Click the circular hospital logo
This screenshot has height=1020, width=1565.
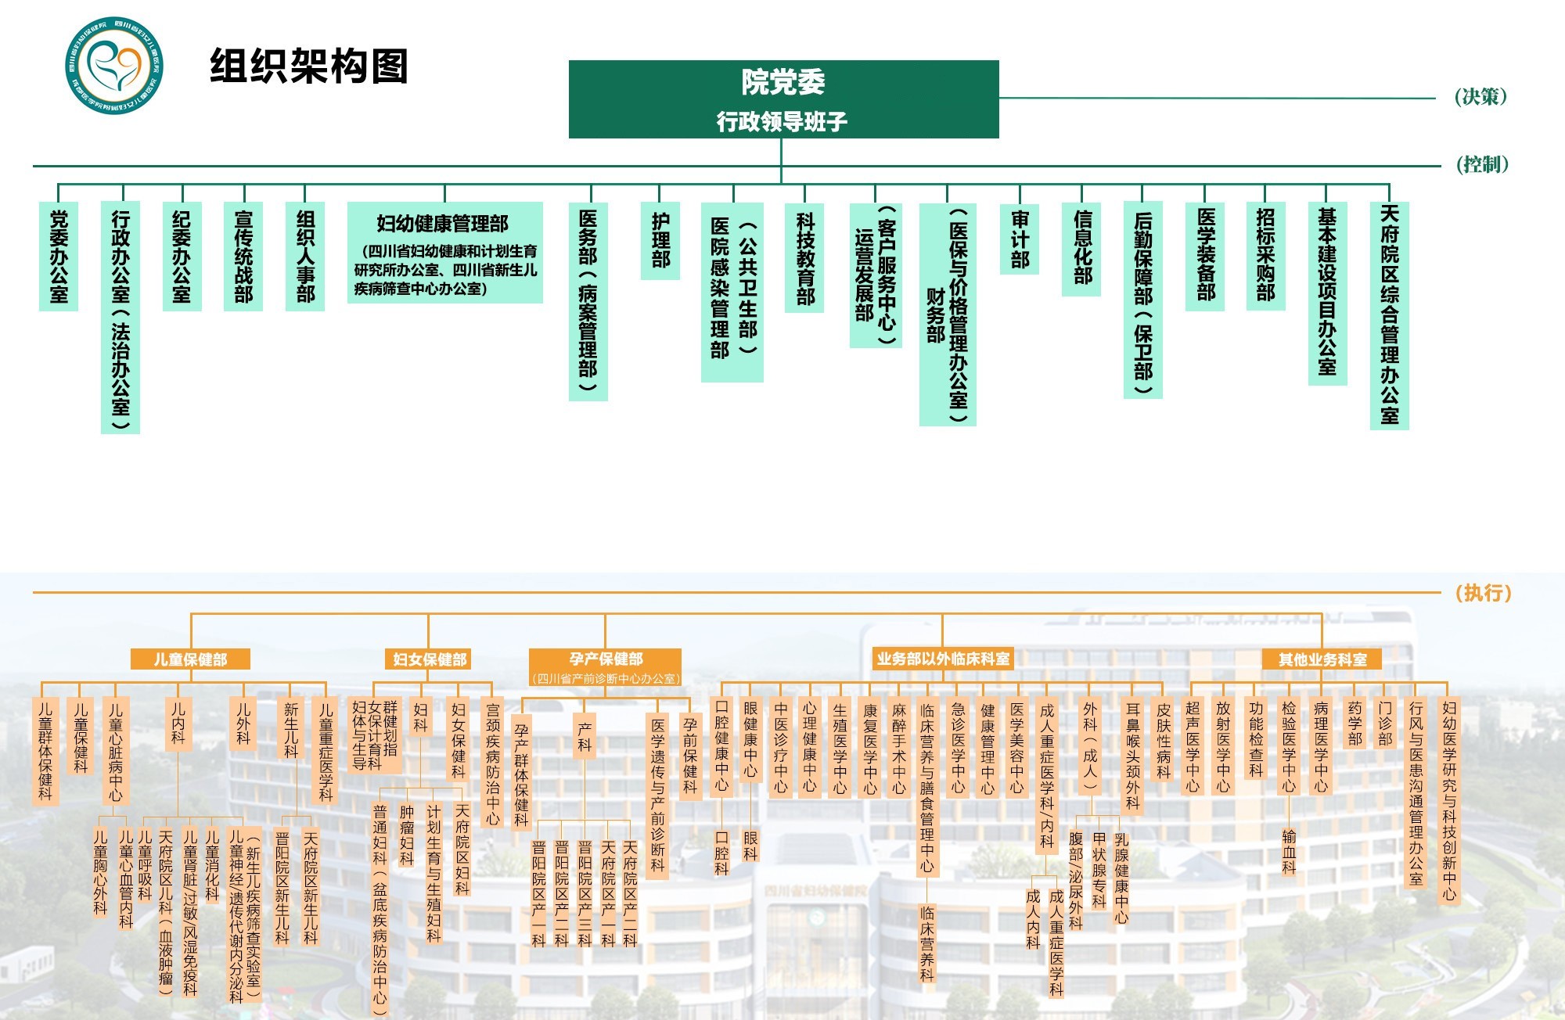pyautogui.click(x=114, y=66)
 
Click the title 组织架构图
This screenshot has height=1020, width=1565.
pyautogui.click(x=309, y=66)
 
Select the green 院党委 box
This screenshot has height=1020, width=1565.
pyautogui.click(x=783, y=99)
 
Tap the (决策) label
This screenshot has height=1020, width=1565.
pyautogui.click(x=1480, y=97)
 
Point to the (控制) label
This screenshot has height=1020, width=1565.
pyautogui.click(x=1482, y=164)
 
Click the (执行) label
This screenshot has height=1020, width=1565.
pyautogui.click(x=1483, y=593)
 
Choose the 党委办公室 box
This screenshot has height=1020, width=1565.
pyautogui.click(x=59, y=257)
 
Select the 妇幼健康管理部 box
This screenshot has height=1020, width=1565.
pyautogui.click(x=444, y=253)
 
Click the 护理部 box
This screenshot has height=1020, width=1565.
pyautogui.click(x=660, y=241)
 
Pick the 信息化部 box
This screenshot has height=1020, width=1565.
pyautogui.click(x=1081, y=249)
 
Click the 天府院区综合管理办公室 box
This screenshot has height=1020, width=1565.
pyautogui.click(x=1389, y=315)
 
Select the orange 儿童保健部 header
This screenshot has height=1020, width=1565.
pyautogui.click(x=190, y=659)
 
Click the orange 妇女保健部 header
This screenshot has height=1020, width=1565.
pyautogui.click(x=429, y=659)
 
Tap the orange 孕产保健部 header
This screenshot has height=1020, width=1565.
pyautogui.click(x=605, y=659)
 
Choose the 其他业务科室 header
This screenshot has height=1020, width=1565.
pyautogui.click(x=1322, y=659)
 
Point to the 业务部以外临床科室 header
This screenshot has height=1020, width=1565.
pyautogui.click(x=943, y=659)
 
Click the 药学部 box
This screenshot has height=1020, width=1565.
pyautogui.click(x=1355, y=724)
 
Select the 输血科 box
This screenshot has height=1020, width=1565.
pyautogui.click(x=1289, y=851)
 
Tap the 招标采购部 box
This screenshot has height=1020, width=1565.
pyautogui.click(x=1265, y=256)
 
